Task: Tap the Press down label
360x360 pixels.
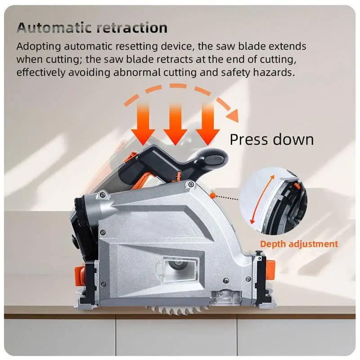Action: tap(271, 139)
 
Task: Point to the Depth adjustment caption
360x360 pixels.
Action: tap(299, 244)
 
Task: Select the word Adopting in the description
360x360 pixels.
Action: tap(37, 46)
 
